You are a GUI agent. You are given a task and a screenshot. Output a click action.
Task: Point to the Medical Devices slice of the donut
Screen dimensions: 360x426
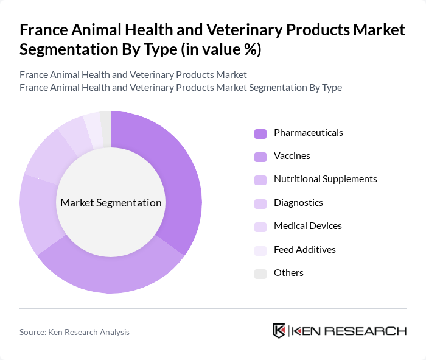[73, 130]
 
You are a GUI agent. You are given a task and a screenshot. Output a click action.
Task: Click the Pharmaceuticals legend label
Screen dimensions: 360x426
[308, 133]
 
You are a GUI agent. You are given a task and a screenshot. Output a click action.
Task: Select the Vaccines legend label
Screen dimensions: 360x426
[292, 156]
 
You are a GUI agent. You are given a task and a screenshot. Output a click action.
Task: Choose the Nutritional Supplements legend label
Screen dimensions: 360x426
[325, 179]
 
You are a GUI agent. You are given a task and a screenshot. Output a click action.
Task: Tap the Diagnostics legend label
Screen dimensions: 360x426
[298, 203]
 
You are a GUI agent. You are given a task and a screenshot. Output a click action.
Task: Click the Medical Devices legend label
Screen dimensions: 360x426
[307, 226]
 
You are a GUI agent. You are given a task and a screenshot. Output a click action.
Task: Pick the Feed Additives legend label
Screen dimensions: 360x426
[304, 250]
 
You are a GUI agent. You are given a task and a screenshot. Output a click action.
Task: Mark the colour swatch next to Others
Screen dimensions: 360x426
[260, 274]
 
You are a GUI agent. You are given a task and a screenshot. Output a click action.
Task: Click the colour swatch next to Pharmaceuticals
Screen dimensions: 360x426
[260, 133]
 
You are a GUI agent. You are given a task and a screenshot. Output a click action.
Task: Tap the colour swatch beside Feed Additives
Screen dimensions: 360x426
[260, 250]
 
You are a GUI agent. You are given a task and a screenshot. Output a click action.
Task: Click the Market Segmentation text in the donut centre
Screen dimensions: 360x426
[111, 203]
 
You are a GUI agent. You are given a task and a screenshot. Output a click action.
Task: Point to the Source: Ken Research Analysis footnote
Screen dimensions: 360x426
[74, 332]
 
